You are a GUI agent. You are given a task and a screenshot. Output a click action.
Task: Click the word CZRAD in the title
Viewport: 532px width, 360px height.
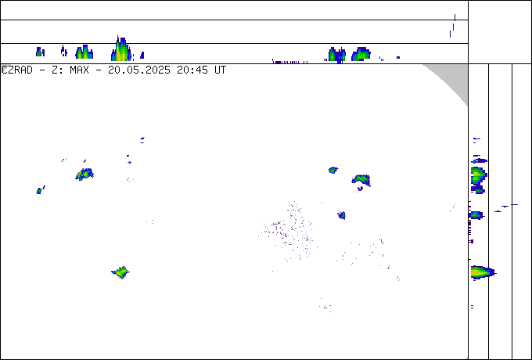[17, 70]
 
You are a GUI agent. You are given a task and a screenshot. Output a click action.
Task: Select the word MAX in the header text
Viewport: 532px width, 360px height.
[79, 70]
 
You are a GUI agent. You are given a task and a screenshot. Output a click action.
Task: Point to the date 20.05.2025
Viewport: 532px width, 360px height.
[139, 70]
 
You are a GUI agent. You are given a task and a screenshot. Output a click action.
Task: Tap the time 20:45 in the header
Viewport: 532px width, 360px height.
[192, 70]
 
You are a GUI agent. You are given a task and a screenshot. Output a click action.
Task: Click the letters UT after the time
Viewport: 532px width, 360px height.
[220, 70]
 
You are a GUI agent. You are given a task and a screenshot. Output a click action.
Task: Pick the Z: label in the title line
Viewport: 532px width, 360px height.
[56, 70]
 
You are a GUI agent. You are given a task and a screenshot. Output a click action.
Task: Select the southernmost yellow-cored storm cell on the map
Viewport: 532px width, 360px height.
[120, 272]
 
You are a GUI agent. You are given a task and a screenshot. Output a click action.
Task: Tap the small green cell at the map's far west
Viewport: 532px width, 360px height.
[39, 191]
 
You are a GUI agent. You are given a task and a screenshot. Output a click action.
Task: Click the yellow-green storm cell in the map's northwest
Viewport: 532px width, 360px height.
[84, 175]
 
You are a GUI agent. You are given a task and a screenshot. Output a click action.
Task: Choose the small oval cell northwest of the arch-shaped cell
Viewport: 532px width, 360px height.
[333, 170]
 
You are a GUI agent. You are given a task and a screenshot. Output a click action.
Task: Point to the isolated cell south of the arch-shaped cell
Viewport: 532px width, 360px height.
[342, 214]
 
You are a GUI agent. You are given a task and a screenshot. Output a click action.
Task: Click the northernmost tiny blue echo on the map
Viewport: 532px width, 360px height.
[142, 140]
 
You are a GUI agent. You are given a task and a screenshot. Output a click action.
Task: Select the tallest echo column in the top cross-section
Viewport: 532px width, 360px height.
[121, 49]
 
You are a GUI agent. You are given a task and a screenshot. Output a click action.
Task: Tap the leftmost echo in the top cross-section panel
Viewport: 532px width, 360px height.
[40, 52]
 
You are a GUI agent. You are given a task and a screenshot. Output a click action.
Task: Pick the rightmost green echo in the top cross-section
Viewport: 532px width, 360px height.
[361, 54]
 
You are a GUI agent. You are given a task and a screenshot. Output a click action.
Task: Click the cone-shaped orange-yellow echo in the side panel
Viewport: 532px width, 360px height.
[482, 272]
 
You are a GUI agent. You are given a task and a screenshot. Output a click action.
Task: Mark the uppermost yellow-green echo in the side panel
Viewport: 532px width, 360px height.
[478, 175]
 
